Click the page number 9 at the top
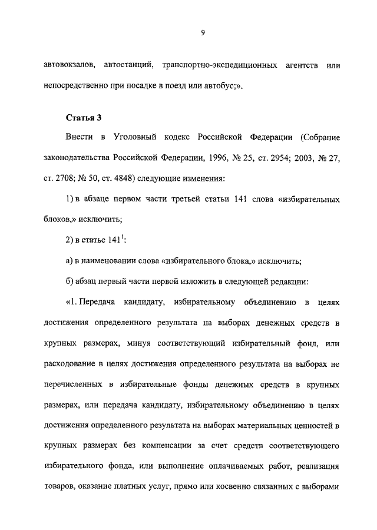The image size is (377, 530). [202, 33]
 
